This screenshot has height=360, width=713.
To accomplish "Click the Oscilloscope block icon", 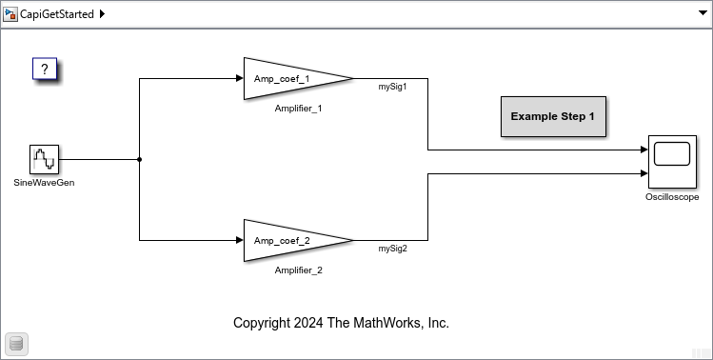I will tap(672, 162).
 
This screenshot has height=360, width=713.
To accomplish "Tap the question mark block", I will tap(45, 70).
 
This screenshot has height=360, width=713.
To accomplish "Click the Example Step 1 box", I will tap(552, 116).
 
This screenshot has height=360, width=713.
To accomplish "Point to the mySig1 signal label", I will tap(392, 87).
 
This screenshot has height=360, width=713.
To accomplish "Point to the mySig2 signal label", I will tap(392, 250).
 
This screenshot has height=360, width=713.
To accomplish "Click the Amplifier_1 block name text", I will tap(298, 109).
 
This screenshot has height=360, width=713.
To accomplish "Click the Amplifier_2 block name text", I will tap(298, 270).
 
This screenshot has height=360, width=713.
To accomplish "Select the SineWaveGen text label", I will tap(45, 182).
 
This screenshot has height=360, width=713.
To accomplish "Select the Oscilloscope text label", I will tap(672, 197).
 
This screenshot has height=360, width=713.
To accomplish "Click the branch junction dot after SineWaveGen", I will tap(140, 160).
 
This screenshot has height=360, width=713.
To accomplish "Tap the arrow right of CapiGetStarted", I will tap(102, 14).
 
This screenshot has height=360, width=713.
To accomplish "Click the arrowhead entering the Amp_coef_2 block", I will tap(239, 241).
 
